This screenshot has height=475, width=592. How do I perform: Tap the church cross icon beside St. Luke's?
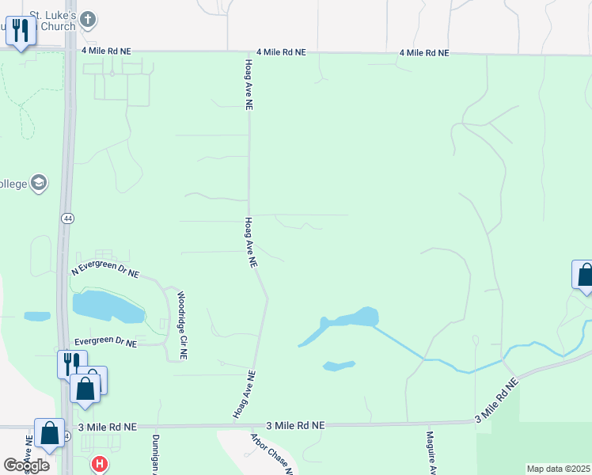click(x=88, y=17)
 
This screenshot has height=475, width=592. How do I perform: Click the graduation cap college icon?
click(x=39, y=184)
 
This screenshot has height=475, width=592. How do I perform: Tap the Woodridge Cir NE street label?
click(x=181, y=315)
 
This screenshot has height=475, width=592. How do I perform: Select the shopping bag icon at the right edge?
click(x=584, y=275)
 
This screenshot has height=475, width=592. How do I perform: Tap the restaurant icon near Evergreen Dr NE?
click(x=70, y=364)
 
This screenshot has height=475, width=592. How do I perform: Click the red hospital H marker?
click(x=100, y=464)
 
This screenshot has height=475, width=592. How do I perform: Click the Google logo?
click(x=26, y=465)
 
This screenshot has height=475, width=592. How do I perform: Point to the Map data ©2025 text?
click(x=558, y=469)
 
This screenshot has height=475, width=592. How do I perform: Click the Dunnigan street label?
click(x=156, y=453)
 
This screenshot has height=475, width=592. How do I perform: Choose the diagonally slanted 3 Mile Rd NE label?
click(x=496, y=399)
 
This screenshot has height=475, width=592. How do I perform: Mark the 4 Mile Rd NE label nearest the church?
click(x=106, y=51)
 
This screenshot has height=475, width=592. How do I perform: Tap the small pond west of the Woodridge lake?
click(x=37, y=317)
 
